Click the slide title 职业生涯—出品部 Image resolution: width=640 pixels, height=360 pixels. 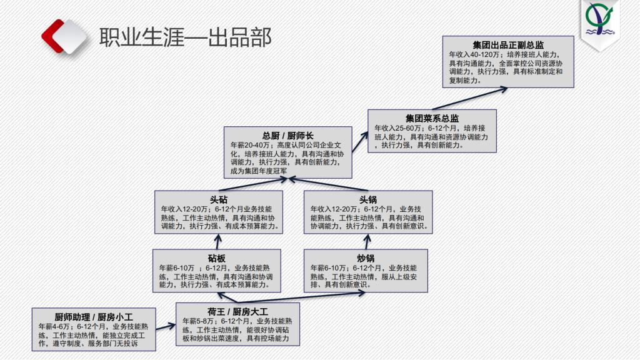(186, 37)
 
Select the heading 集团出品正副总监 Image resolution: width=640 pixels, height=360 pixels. (508, 45)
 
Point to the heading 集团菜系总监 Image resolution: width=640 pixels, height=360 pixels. (432, 118)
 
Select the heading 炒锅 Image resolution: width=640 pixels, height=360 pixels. (366, 258)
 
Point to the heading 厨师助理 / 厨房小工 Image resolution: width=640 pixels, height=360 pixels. (94, 316)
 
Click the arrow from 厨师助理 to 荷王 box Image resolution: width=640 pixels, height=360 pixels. (166, 325)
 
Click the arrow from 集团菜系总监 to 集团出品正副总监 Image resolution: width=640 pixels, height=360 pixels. (481, 97)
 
